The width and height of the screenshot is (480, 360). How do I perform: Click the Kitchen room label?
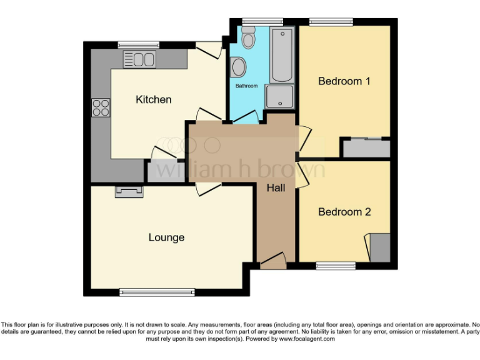(x=153, y=99)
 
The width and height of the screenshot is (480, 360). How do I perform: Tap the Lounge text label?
(x=166, y=237)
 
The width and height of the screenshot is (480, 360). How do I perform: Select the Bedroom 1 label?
(x=344, y=81)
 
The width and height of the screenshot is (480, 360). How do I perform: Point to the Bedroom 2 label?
(x=344, y=212)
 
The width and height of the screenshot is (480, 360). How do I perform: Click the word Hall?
(x=276, y=187)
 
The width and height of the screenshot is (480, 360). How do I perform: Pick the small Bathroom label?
(x=246, y=86)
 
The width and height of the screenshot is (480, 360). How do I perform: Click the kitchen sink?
(x=139, y=60)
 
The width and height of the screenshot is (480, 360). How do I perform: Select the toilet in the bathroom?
(x=249, y=40)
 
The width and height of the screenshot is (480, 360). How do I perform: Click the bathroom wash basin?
(x=237, y=66)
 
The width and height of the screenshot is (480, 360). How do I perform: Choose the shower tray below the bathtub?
(x=279, y=97)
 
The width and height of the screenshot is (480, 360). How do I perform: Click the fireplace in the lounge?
(x=129, y=192)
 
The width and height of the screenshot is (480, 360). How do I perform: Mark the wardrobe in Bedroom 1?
(x=366, y=148)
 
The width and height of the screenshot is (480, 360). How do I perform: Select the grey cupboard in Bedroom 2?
(x=380, y=247)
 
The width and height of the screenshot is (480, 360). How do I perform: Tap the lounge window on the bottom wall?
(x=157, y=292)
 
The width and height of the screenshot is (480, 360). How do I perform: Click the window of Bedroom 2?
(x=336, y=266)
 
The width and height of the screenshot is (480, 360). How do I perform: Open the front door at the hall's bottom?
(x=272, y=262)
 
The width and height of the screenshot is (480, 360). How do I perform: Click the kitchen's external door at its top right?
(x=209, y=50)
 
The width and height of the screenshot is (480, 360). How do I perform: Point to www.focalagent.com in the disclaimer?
(x=307, y=339)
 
